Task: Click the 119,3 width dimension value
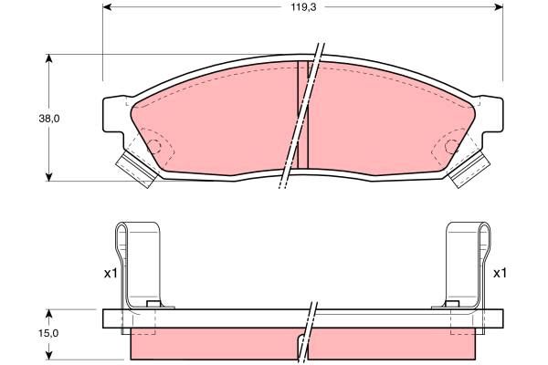click(x=304, y=7)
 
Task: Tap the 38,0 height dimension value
click(x=49, y=119)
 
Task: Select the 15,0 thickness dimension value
click(x=49, y=333)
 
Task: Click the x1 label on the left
click(x=111, y=274)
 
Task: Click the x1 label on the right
click(x=500, y=274)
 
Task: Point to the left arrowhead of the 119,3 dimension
click(x=107, y=7)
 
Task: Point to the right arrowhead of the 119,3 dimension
click(x=499, y=7)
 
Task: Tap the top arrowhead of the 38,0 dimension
click(x=49, y=58)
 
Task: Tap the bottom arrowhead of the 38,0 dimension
click(x=49, y=177)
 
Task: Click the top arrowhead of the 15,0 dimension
click(x=49, y=314)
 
